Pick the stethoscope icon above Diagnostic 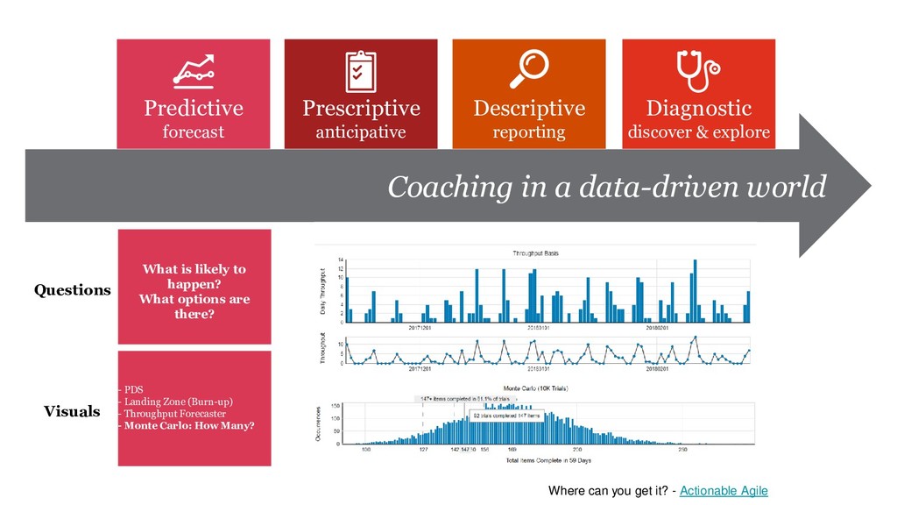(x=698, y=68)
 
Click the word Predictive (x=194, y=109)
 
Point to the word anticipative (x=361, y=132)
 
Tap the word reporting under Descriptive (x=529, y=132)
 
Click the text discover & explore (x=698, y=132)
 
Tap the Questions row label (x=73, y=290)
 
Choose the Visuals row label (x=72, y=411)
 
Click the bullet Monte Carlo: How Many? (x=189, y=426)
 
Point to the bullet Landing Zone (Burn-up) (x=179, y=402)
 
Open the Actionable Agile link (x=724, y=491)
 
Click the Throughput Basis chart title (x=535, y=253)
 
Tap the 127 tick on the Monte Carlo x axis (x=422, y=451)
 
